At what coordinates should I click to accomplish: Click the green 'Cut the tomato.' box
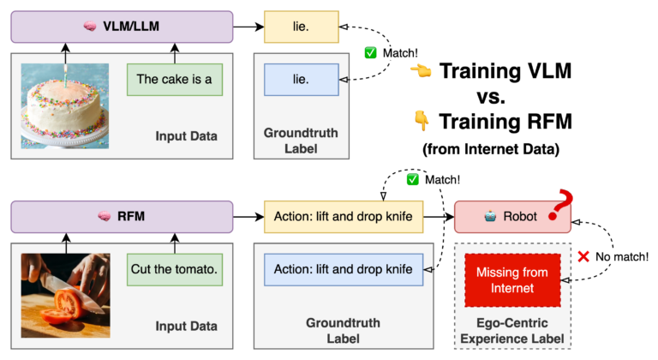tap(174, 269)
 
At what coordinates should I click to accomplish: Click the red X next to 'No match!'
tap(583, 255)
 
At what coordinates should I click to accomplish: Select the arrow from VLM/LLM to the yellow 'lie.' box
tap(247, 27)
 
